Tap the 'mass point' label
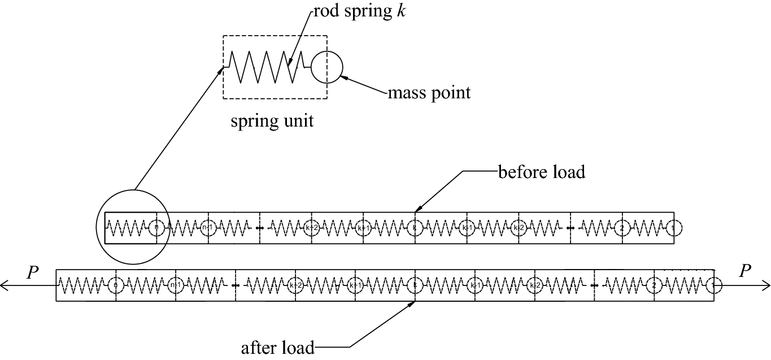[x=429, y=92]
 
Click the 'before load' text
[x=541, y=171]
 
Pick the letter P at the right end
[x=746, y=272]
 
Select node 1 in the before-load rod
[x=673, y=228]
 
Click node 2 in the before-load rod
[x=622, y=228]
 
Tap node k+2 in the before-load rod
[x=311, y=228]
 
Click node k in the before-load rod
[x=415, y=228]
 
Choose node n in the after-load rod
[x=115, y=286]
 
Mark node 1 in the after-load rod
[x=714, y=286]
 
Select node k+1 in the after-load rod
[x=355, y=286]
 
